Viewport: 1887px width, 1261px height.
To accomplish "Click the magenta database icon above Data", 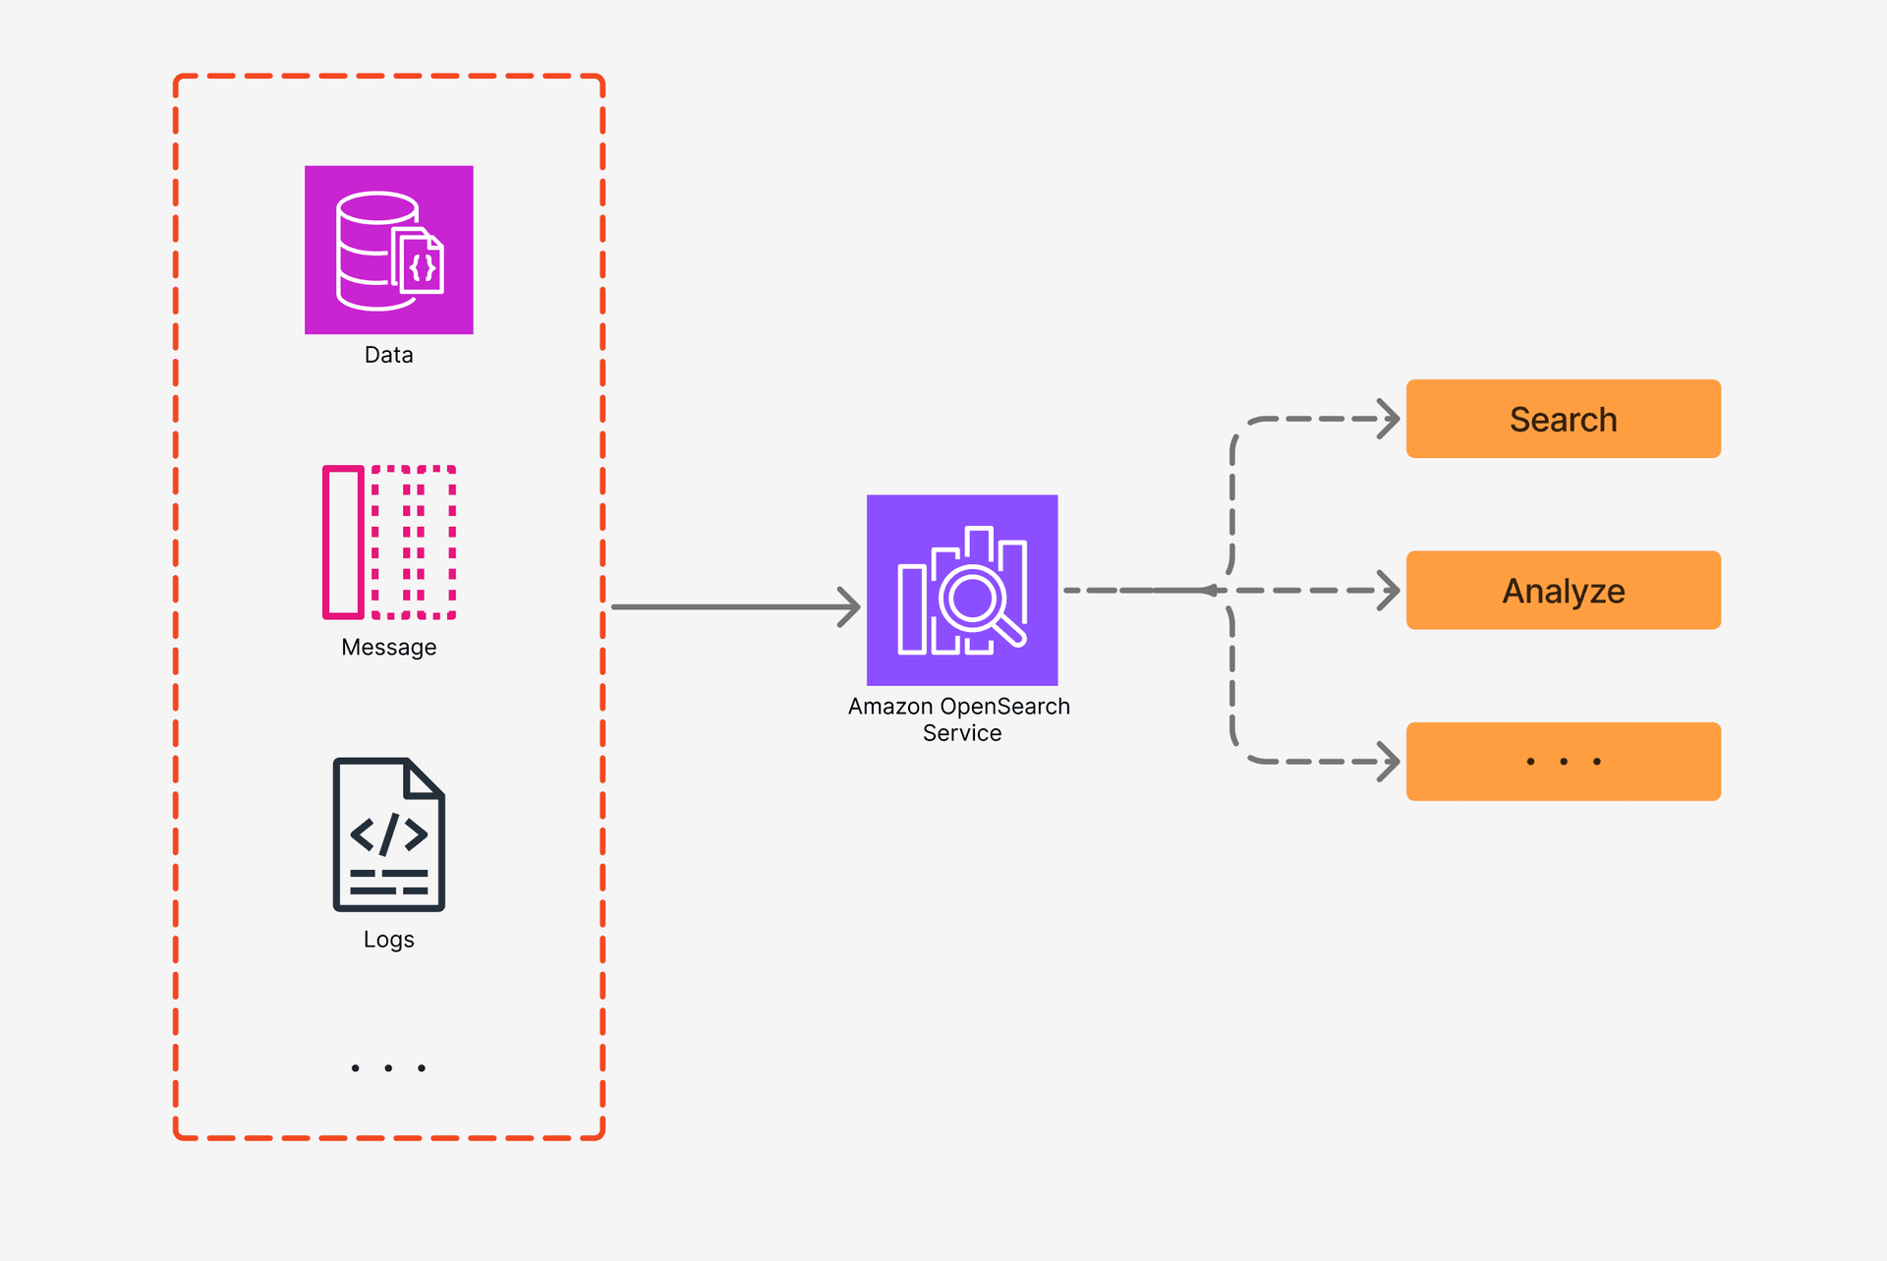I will pos(388,250).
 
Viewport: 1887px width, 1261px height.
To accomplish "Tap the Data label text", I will pos(388,355).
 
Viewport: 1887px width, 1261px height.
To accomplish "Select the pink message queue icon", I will pos(389,542).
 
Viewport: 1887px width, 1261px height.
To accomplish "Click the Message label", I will pos(388,648).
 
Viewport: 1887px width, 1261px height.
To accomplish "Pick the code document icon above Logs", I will pos(388,834).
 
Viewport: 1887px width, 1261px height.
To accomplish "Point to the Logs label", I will pos(388,940).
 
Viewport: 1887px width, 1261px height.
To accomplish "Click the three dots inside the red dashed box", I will pos(388,1067).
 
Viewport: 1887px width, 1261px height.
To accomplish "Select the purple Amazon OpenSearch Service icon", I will pos(961,590).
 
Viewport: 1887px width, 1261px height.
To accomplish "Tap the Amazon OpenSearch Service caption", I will pos(960,719).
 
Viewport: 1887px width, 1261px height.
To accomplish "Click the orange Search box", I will pos(1563,419).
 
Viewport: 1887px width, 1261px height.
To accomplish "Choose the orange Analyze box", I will pos(1563,590).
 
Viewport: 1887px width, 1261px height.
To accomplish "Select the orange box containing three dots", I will pos(1563,762).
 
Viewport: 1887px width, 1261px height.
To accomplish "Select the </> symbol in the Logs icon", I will pos(388,834).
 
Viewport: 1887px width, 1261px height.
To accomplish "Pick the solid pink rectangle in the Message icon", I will pos(344,542).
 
